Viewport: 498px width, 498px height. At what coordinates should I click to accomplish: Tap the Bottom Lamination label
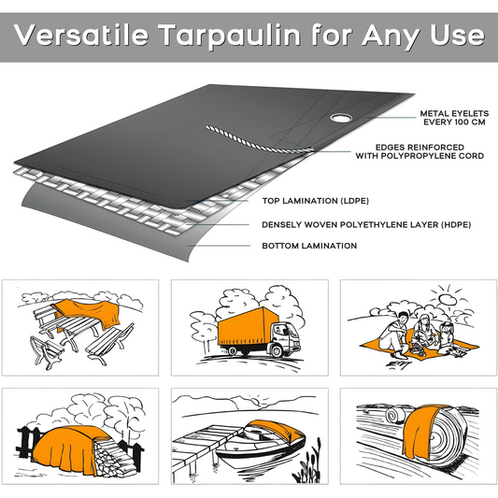click(x=308, y=246)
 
